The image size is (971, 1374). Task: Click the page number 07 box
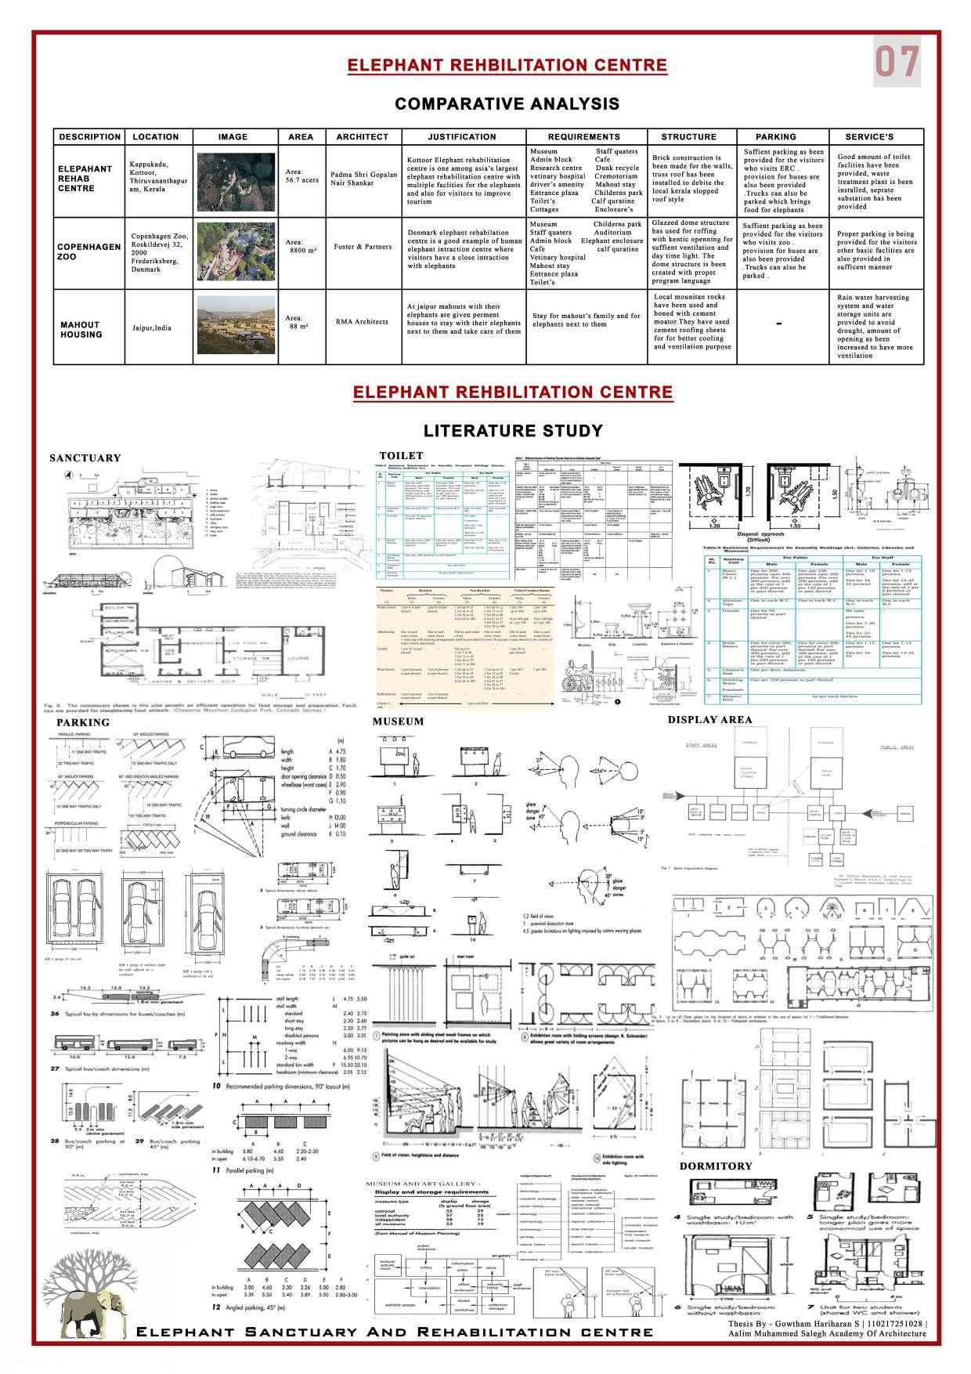(897, 63)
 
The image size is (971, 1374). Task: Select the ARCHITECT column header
(362, 136)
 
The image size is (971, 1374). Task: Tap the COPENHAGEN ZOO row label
(88, 251)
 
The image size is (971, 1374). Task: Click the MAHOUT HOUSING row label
(81, 329)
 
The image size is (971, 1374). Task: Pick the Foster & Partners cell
(361, 246)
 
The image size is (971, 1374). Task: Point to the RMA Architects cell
(361, 321)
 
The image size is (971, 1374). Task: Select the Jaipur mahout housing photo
(233, 323)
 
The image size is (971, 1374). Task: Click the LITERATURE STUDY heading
(513, 430)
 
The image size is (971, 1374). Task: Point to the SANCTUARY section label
(85, 458)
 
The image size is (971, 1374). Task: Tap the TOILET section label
(401, 455)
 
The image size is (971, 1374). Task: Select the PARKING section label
(83, 722)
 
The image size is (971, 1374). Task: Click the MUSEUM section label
(398, 721)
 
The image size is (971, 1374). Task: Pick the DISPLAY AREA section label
(709, 719)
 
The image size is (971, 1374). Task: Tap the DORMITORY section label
(716, 1166)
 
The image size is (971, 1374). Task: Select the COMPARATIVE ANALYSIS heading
(507, 104)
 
